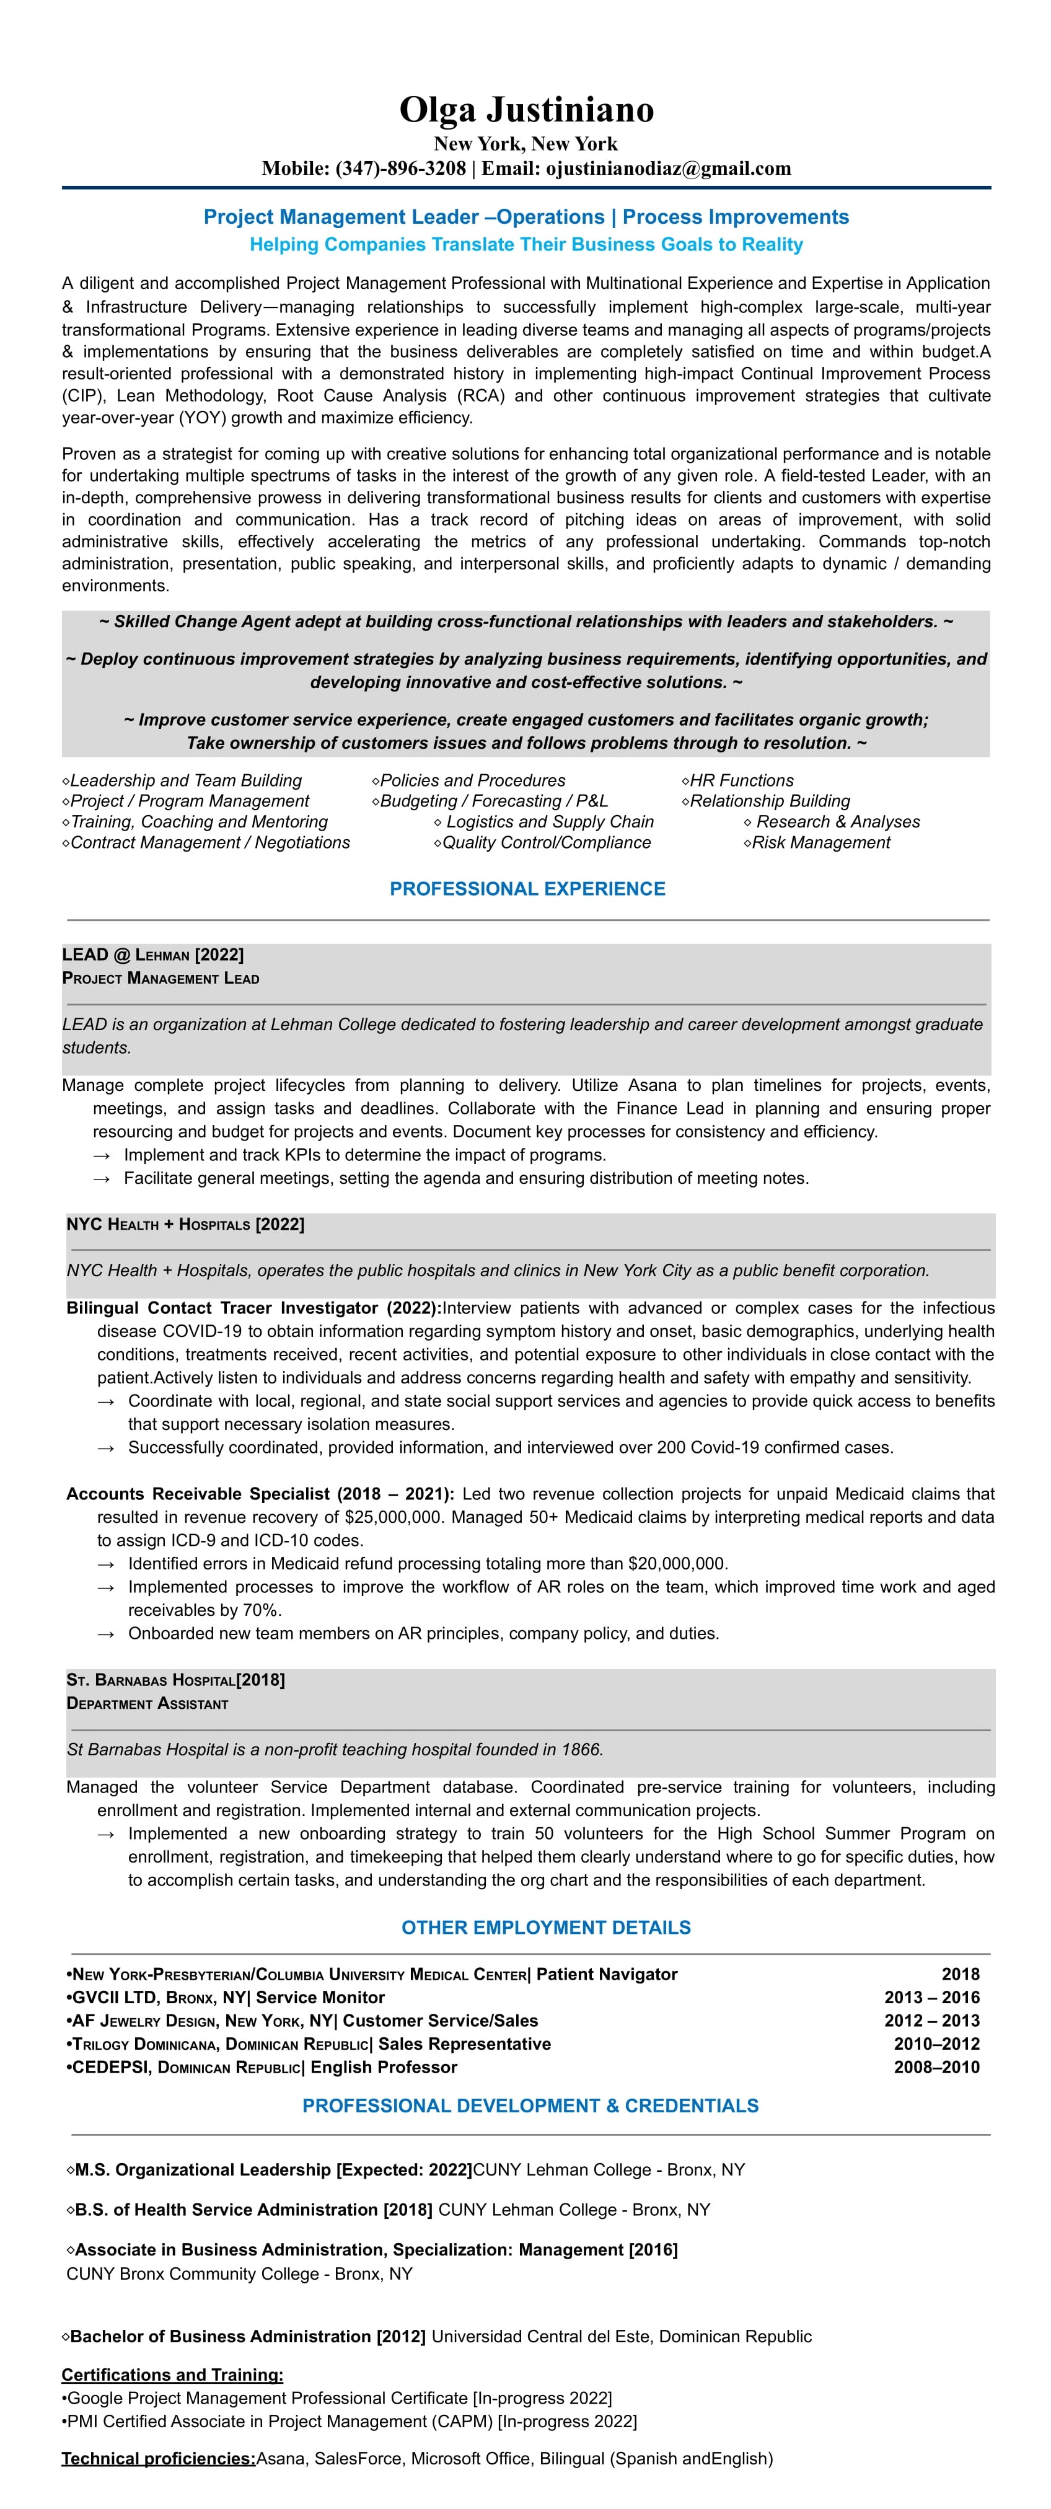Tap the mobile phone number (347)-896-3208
[x=400, y=169]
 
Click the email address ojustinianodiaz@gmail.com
[x=667, y=169]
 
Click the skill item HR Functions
[x=741, y=780]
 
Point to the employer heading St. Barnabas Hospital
[x=151, y=1680]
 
